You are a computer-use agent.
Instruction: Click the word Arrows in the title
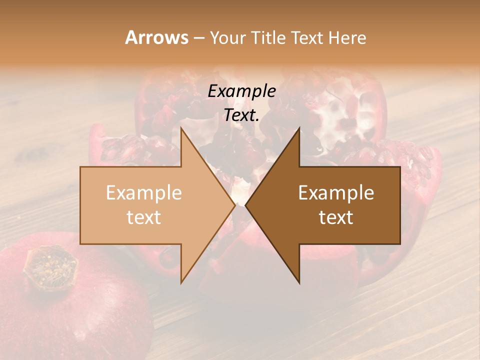(156, 37)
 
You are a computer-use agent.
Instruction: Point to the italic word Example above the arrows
(241, 91)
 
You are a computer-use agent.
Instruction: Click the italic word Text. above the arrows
(241, 115)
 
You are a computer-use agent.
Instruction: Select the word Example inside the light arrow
(144, 193)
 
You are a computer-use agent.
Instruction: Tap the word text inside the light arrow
(144, 217)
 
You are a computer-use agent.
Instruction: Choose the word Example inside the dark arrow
(336, 193)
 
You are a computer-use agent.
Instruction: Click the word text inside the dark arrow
(336, 217)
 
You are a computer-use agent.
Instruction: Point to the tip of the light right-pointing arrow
(235, 205)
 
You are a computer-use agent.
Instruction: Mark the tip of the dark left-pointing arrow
(245, 205)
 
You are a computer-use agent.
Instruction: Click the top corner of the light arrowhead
(181, 128)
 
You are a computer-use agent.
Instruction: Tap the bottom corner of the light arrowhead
(181, 283)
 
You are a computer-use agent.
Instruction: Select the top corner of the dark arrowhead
(299, 128)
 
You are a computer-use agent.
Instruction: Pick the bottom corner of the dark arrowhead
(299, 283)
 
